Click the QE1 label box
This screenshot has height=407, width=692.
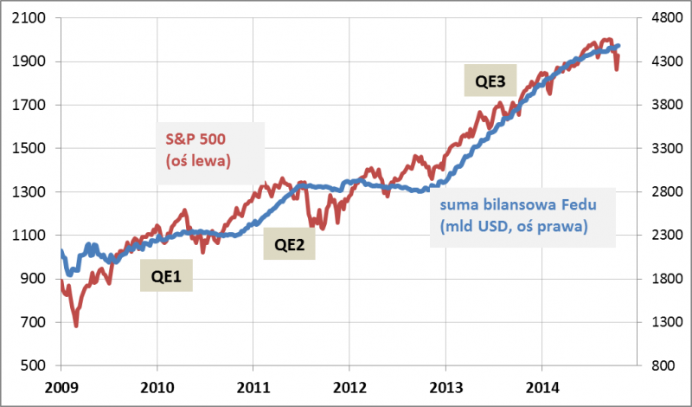tap(167, 278)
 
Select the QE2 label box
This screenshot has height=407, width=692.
tap(289, 245)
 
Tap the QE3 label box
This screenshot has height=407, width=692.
tap(490, 81)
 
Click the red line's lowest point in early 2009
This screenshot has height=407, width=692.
tap(76, 326)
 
